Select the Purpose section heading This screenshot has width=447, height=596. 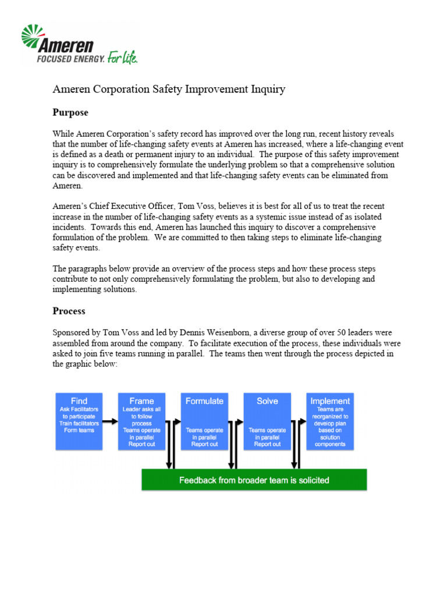[70, 112]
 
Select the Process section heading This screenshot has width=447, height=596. [69, 311]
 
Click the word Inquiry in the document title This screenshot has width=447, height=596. [266, 89]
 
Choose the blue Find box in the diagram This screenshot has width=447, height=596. [79, 421]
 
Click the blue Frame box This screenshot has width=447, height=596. [141, 421]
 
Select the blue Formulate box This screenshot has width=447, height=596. [204, 421]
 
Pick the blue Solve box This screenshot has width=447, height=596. [267, 421]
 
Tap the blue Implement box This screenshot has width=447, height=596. [330, 421]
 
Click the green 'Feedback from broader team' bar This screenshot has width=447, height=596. [254, 480]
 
